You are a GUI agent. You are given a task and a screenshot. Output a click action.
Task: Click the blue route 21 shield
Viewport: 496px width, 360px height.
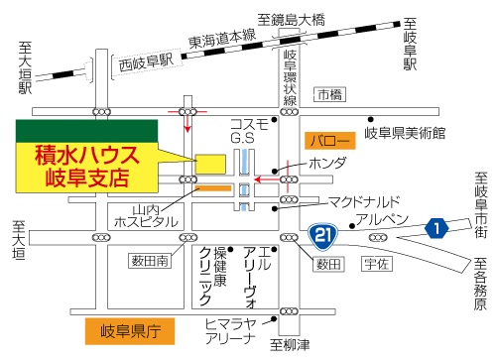[321, 236]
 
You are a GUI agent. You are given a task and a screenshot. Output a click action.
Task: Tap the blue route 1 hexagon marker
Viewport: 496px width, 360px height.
[435, 227]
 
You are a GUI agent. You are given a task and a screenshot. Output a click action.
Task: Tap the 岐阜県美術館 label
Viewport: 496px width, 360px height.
[404, 132]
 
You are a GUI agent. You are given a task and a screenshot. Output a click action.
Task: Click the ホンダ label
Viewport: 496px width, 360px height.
[326, 162]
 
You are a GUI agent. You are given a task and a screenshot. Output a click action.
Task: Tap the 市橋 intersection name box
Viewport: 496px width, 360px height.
[328, 94]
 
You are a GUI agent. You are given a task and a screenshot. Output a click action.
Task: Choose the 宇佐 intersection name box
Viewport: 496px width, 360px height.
[375, 263]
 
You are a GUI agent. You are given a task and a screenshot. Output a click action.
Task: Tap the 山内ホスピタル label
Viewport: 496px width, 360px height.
[153, 215]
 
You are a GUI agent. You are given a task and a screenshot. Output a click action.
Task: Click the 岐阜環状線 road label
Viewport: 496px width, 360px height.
[290, 71]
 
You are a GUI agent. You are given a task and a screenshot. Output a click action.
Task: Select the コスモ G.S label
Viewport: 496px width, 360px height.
[248, 129]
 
